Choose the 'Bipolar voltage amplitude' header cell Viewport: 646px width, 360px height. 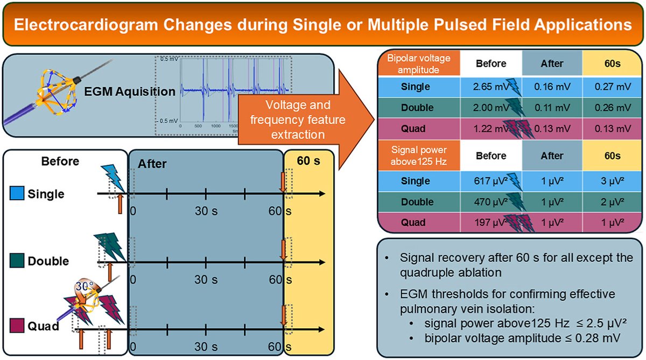pos(418,63)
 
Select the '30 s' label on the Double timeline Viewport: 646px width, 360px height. pos(206,280)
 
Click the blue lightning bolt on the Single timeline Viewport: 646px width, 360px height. pos(114,174)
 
